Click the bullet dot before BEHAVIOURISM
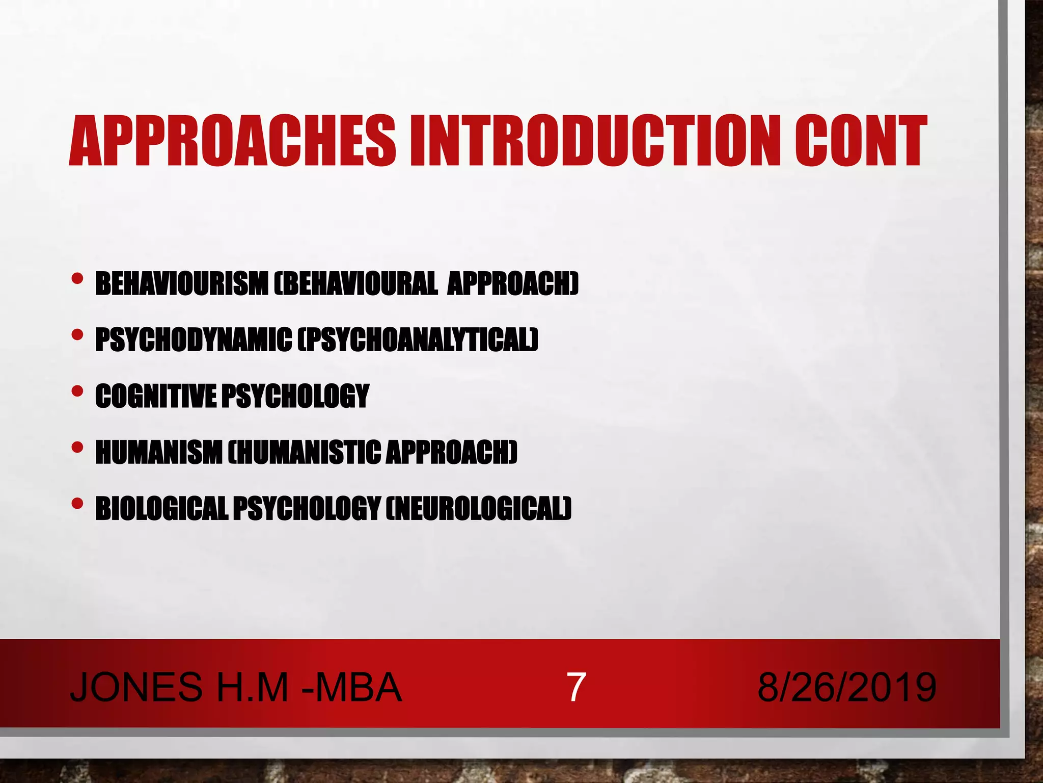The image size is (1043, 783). pyautogui.click(x=77, y=279)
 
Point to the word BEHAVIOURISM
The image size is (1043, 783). pyautogui.click(x=181, y=283)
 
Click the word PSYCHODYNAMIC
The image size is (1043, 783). pyautogui.click(x=194, y=340)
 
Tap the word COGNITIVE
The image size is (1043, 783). pyautogui.click(x=156, y=396)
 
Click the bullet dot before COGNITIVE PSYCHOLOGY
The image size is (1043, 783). pyautogui.click(x=77, y=391)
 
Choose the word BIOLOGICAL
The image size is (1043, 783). pyautogui.click(x=161, y=508)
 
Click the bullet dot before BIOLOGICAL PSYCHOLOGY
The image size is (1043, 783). pyautogui.click(x=77, y=504)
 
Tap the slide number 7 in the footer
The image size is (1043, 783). pyautogui.click(x=575, y=687)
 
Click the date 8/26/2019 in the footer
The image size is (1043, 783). pyautogui.click(x=846, y=687)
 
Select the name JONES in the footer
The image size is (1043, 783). pyautogui.click(x=136, y=687)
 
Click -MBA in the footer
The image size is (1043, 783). pyautogui.click(x=351, y=687)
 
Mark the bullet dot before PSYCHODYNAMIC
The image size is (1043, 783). pyautogui.click(x=77, y=335)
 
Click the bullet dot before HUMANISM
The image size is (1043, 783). pyautogui.click(x=77, y=448)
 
